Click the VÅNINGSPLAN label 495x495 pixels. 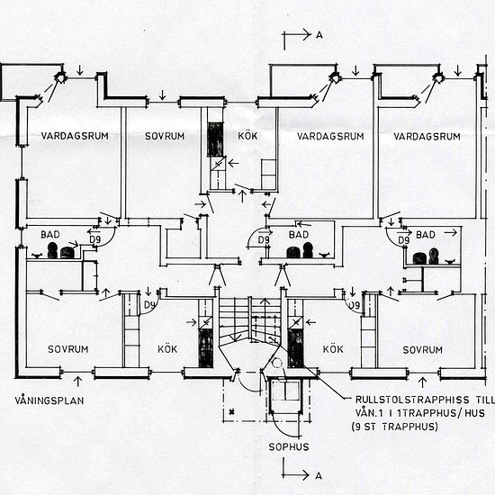point(49,400)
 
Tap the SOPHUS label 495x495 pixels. point(289,447)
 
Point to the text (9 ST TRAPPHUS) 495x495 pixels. point(395,427)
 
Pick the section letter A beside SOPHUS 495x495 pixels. point(319,475)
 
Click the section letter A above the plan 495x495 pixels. point(319,35)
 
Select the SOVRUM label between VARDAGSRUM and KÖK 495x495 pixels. point(165,136)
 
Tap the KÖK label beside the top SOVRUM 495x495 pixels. point(247,136)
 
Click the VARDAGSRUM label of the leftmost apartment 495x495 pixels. point(75,136)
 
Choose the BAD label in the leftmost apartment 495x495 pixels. point(50,235)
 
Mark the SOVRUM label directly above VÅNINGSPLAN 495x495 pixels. point(67,349)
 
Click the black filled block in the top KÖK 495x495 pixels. point(215,139)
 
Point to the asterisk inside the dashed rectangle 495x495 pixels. point(232,411)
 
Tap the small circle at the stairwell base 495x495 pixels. point(277,363)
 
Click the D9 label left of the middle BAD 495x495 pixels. point(264,240)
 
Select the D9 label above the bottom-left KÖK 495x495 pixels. point(149,305)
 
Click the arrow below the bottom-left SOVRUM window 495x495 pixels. point(77,381)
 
